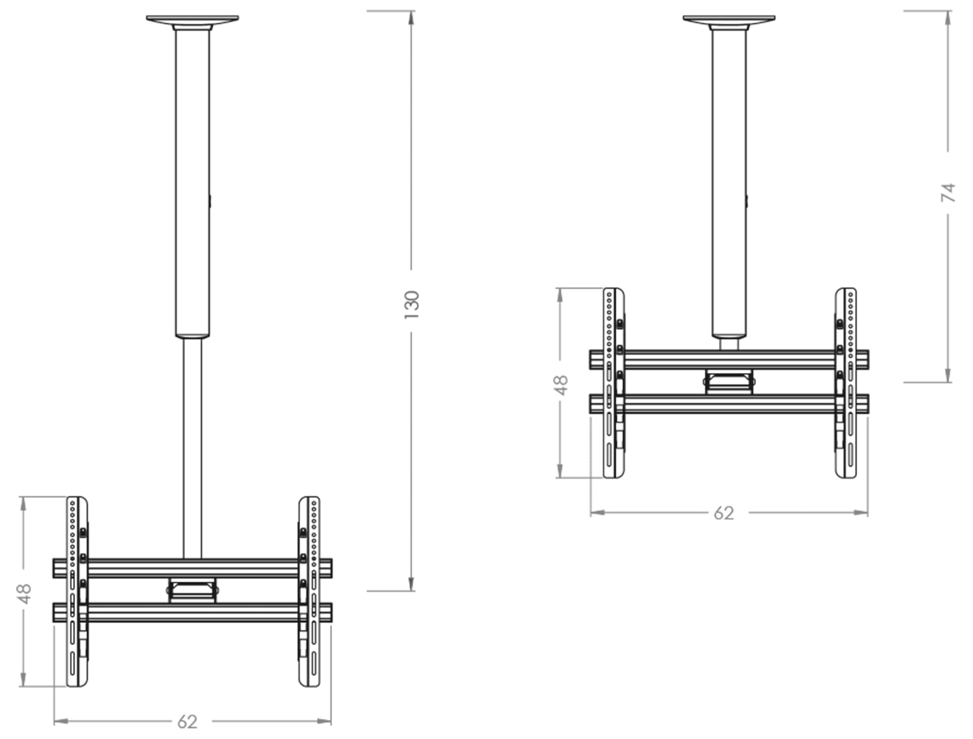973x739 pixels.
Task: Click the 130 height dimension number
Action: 411,304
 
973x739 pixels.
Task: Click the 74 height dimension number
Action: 948,192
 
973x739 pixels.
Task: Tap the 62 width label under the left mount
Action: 188,721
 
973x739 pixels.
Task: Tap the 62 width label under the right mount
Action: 724,513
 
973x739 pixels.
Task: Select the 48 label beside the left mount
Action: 24,593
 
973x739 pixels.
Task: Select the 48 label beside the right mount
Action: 561,385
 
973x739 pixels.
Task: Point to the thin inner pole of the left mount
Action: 193,448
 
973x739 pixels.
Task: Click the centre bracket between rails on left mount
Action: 193,590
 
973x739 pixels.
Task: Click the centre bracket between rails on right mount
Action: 729,382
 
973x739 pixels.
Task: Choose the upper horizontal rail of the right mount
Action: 729,359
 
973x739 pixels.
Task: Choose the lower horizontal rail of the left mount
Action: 193,612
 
